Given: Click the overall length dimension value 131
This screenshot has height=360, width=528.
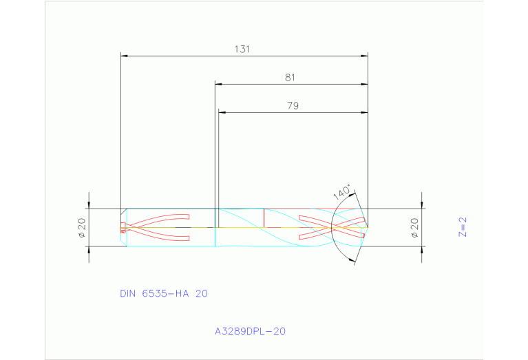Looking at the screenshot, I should (241, 49).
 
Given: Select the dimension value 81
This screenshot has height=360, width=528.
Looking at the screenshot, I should (290, 78).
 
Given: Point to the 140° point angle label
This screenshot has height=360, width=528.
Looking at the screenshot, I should (342, 192).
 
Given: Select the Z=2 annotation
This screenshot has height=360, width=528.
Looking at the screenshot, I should (463, 227).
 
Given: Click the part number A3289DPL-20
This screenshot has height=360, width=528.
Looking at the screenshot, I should (250, 331).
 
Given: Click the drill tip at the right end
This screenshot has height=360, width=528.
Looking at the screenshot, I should (368, 226).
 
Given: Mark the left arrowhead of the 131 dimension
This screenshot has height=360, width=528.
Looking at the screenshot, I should (123, 56).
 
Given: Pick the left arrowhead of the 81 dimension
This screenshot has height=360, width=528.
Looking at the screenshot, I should (218, 85).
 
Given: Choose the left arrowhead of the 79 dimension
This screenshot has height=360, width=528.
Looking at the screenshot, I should (222, 112).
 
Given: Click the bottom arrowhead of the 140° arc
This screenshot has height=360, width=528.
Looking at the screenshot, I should (355, 260).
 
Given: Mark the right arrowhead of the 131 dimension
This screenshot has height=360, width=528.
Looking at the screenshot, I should (365, 56).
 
